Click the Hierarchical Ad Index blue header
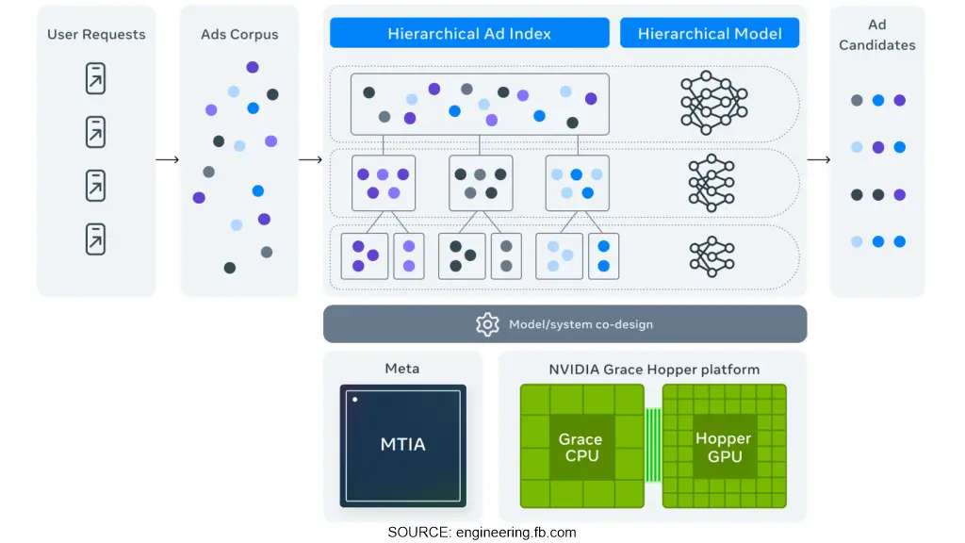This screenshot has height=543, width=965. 468,34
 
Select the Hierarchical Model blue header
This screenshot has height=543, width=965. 710,34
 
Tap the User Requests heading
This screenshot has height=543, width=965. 96,35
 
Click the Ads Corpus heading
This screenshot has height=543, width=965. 238,35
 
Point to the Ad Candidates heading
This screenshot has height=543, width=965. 876,35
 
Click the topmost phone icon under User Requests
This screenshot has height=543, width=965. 95,78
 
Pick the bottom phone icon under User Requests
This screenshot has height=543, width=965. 95,239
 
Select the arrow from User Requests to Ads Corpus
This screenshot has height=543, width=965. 168,159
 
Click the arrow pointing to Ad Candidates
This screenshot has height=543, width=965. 818,159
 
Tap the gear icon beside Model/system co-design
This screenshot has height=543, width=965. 487,324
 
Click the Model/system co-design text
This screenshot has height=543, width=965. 581,324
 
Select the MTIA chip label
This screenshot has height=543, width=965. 402,444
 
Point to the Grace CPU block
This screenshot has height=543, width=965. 580,448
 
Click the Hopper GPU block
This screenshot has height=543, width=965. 723,448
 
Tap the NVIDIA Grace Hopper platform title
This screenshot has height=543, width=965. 653,370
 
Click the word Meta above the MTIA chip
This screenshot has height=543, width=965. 402,369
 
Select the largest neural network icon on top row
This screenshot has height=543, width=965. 713,102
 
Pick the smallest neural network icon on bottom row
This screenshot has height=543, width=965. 711,256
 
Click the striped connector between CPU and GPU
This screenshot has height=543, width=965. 652,446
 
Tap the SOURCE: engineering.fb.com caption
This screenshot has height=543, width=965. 482,533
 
